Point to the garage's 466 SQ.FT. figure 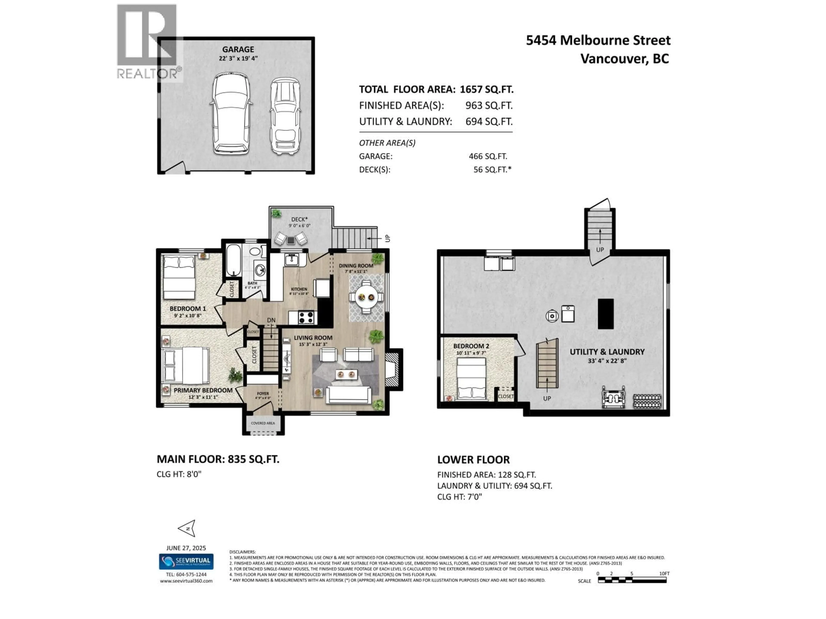click(488, 156)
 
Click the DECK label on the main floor click(299, 220)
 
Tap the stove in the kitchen click(306, 317)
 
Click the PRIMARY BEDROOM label click(203, 390)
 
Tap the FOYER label click(263, 394)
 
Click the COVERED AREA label click(263, 423)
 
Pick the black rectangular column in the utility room click(606, 313)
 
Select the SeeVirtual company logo click(186, 561)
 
